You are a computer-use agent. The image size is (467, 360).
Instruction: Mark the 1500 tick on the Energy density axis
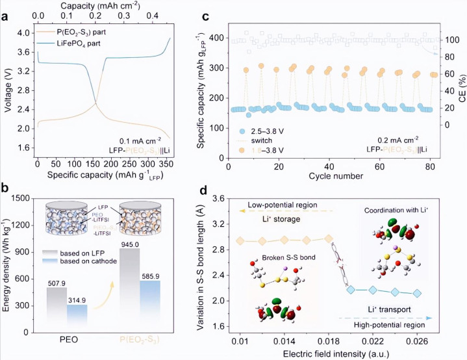tap(23, 198)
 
